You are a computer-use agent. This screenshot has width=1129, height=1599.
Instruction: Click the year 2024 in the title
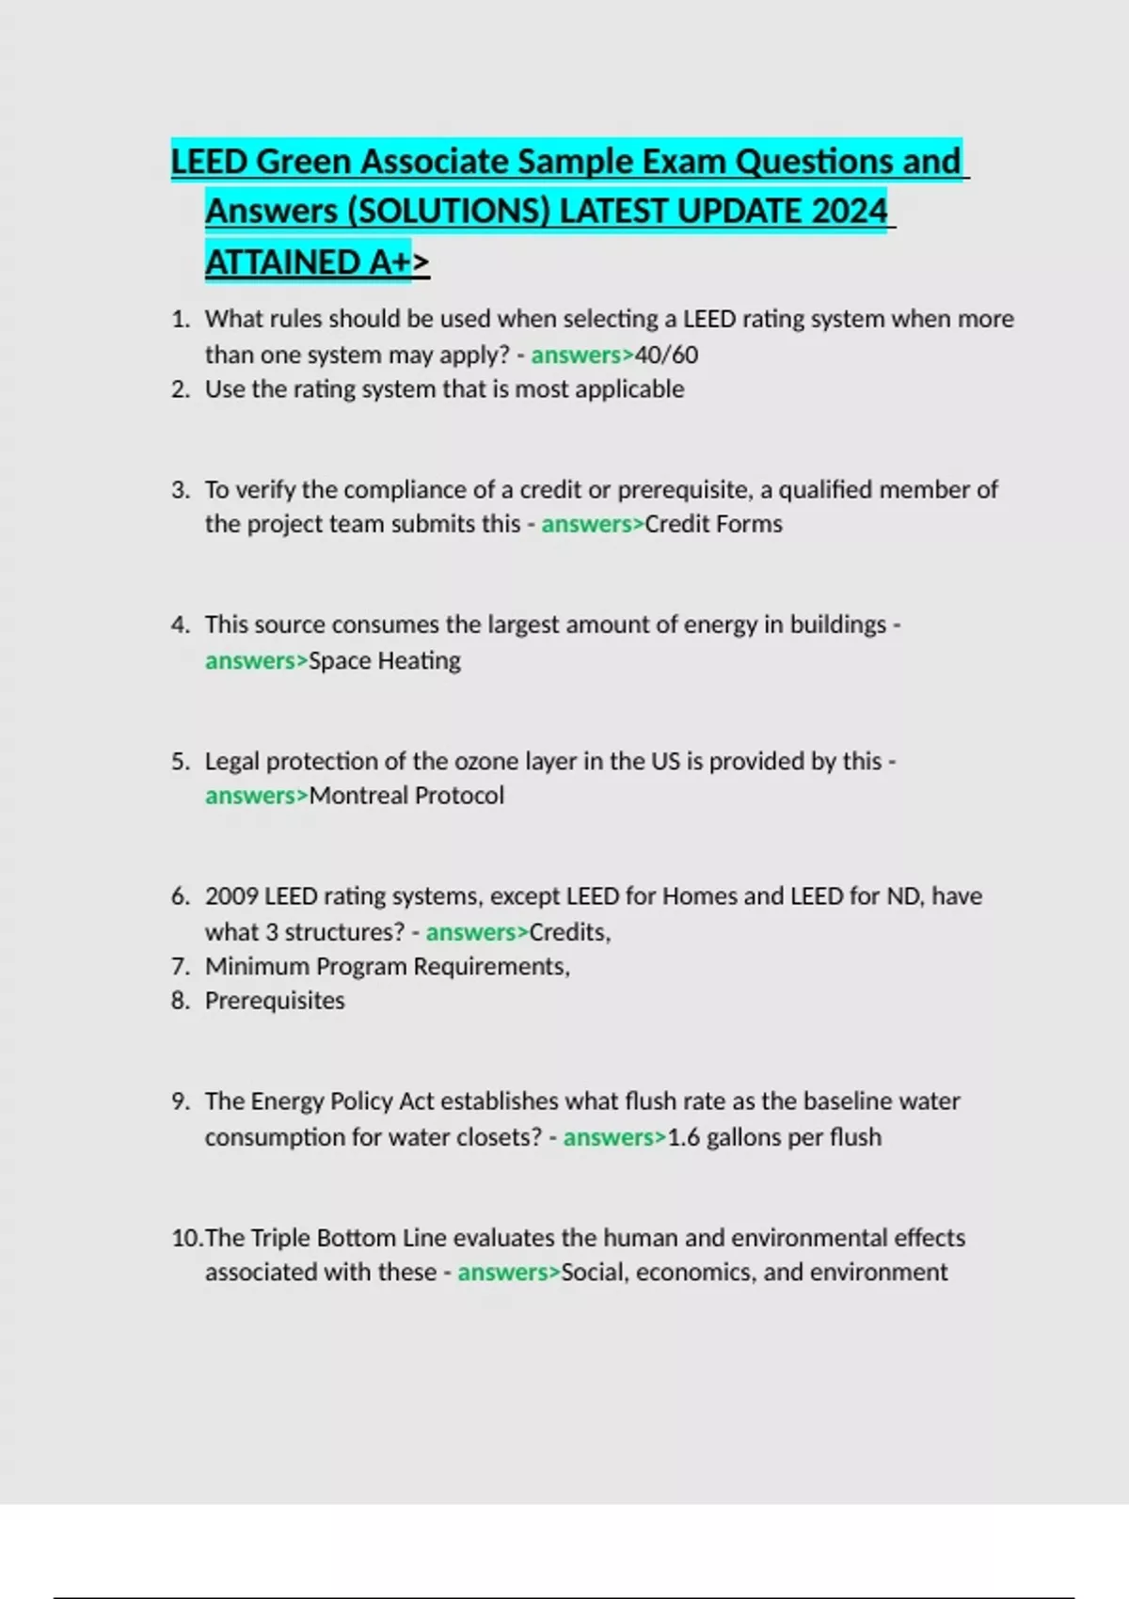point(849,211)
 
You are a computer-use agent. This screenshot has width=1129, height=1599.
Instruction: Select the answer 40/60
point(666,355)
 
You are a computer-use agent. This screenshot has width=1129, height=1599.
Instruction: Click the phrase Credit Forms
point(713,524)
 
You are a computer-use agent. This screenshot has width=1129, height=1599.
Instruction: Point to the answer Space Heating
point(385,660)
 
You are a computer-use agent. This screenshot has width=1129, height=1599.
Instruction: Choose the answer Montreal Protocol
point(406,796)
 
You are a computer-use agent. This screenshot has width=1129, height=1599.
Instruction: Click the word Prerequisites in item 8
point(275,1001)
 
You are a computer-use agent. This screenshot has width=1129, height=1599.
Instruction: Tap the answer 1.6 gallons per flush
point(774,1137)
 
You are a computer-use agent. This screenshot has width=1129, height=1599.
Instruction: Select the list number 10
point(185,1238)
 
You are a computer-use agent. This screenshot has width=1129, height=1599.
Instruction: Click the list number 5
point(180,761)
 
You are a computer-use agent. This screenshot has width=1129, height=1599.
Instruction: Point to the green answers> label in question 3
point(592,524)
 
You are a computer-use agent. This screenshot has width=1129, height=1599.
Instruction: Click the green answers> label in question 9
point(614,1137)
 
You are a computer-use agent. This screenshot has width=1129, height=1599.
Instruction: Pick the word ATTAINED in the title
point(282,262)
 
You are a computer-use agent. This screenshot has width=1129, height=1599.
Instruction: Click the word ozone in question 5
point(487,761)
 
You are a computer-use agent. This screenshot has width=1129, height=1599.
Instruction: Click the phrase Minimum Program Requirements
point(387,967)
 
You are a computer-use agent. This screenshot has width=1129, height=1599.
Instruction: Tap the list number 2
point(180,389)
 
